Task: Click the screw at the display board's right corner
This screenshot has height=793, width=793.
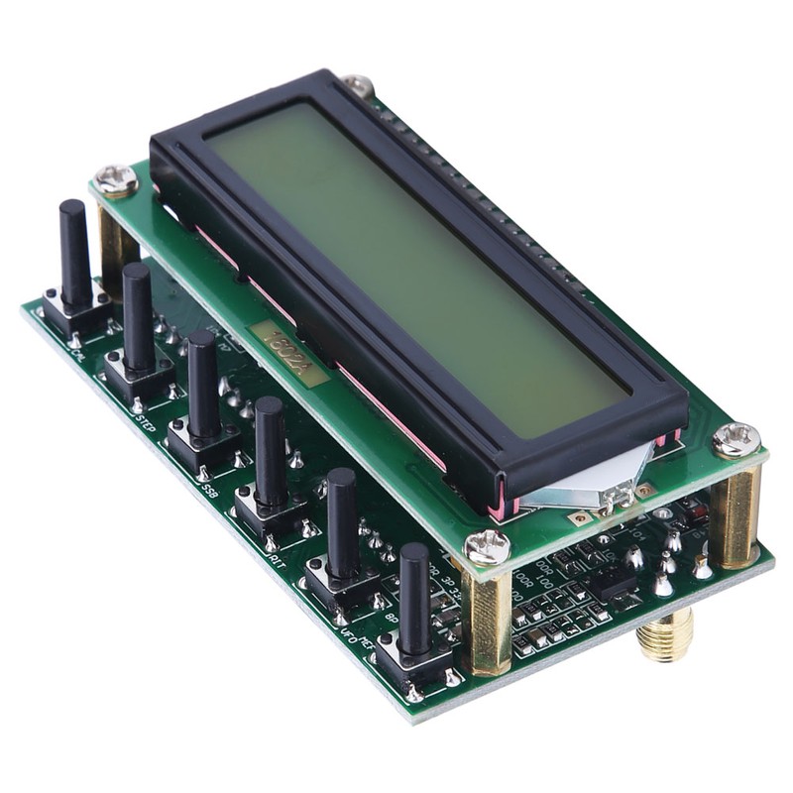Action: [x=736, y=439]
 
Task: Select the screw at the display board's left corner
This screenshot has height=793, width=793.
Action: [x=117, y=178]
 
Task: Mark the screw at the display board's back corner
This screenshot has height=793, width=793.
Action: [x=358, y=85]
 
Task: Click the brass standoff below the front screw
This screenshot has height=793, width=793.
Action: [x=487, y=620]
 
